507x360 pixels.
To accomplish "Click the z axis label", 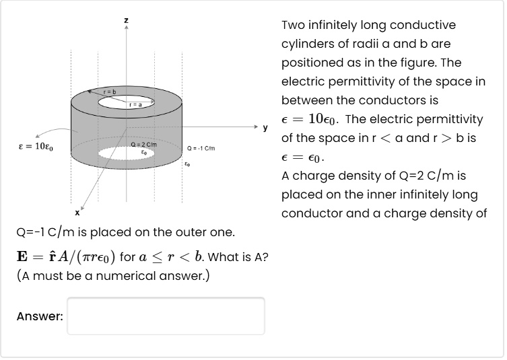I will tap(126, 21).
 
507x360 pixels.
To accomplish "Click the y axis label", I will tap(265, 127).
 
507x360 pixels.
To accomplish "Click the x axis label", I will tap(77, 213).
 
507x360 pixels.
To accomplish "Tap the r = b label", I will tap(110, 91).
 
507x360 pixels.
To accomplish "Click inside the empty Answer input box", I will tap(166, 316).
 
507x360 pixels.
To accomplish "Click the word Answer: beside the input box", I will tap(40, 316).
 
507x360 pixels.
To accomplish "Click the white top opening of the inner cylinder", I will tap(126, 102).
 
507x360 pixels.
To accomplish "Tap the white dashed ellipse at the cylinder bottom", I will tap(125, 154).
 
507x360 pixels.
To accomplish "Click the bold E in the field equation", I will tap(23, 257).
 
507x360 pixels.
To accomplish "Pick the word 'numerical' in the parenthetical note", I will tap(115, 276).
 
